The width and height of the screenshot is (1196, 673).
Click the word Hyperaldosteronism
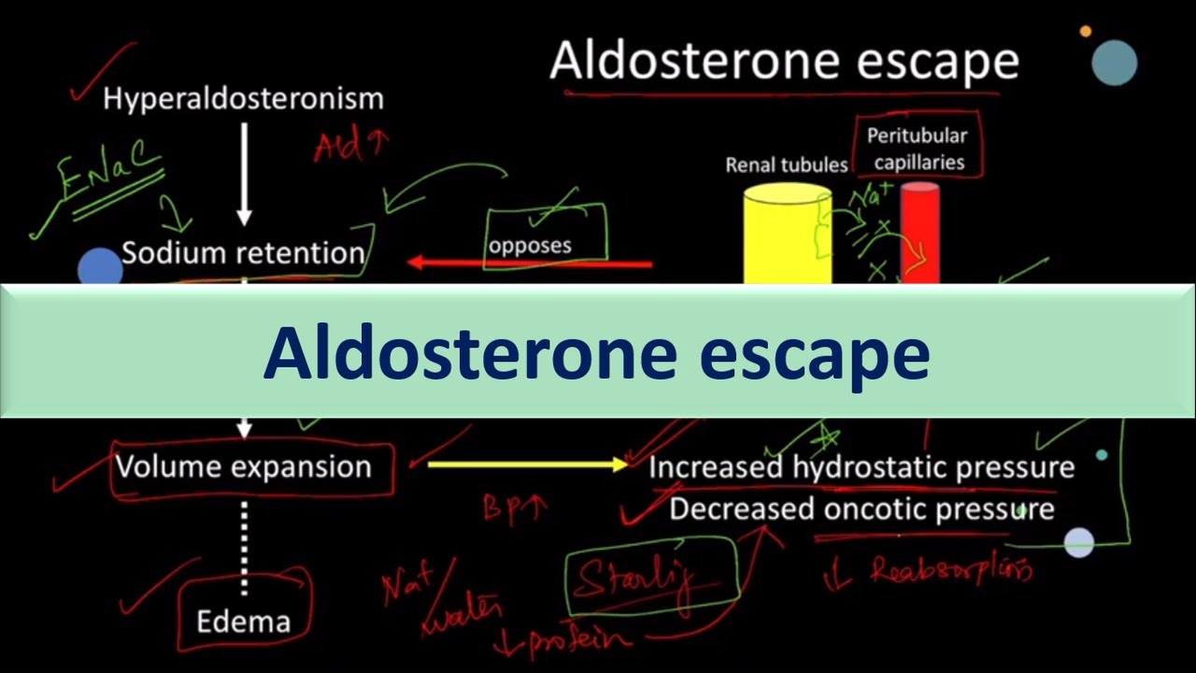tap(243, 98)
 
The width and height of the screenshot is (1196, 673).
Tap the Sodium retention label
tap(243, 253)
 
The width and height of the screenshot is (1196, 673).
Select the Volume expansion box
tap(243, 466)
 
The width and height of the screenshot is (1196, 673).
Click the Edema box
tap(243, 621)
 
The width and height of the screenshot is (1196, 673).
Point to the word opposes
tap(530, 246)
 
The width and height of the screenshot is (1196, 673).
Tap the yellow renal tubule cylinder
tap(788, 235)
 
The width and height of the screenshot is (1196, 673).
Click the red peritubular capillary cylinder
tap(919, 233)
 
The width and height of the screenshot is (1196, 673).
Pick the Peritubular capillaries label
tap(918, 149)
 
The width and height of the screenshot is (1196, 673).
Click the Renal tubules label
tap(787, 165)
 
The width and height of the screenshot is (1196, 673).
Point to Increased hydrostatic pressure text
tap(861, 466)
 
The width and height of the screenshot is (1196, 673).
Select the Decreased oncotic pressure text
tap(861, 508)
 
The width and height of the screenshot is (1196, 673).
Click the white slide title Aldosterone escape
tap(784, 61)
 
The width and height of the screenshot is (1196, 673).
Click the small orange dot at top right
tap(1085, 32)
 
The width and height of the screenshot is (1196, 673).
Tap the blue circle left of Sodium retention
tap(100, 267)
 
